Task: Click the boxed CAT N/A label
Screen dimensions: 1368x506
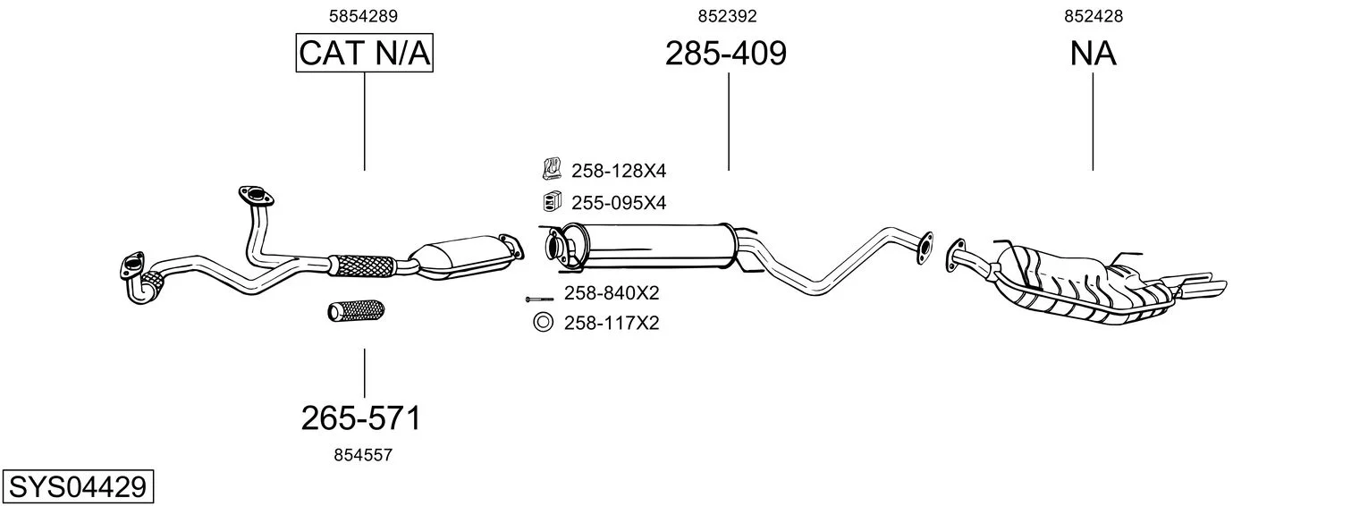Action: pos(365,53)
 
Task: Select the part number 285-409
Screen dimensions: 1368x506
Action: pos(725,54)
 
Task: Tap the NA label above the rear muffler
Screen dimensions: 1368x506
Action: pos(1093,54)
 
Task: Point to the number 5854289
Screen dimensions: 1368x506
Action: pos(363,16)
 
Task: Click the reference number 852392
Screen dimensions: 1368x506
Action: pos(727,16)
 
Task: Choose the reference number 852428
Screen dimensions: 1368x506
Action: pos(1094,16)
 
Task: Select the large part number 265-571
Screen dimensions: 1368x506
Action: pos(361,418)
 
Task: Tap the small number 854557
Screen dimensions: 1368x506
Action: pos(363,455)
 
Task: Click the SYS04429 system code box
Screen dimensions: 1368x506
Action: pos(78,487)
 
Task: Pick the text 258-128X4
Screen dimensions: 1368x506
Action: pos(619,171)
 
